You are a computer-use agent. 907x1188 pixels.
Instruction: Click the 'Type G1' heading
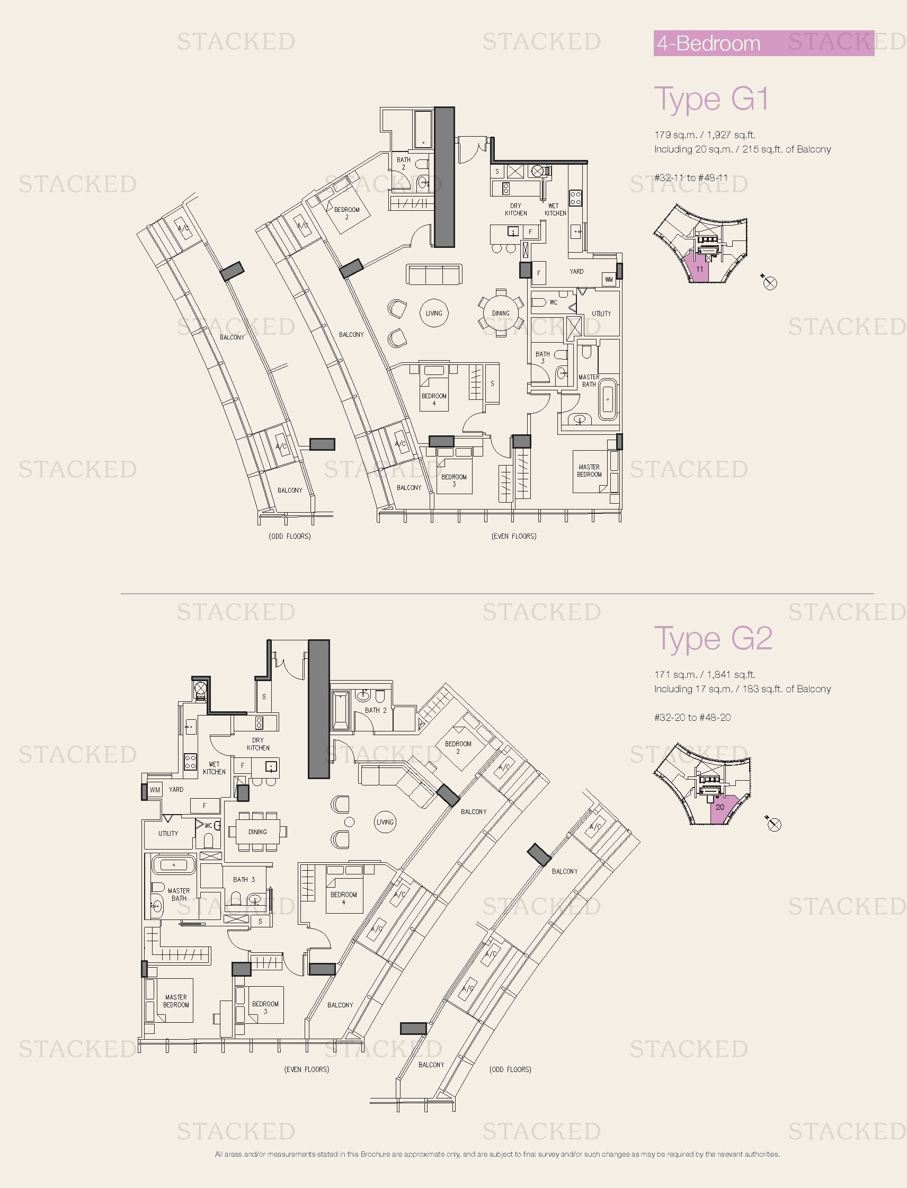(711, 100)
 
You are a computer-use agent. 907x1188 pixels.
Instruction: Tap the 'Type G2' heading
(713, 639)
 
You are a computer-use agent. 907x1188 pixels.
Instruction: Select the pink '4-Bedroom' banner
(763, 43)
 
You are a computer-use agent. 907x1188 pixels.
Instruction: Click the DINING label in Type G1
(501, 313)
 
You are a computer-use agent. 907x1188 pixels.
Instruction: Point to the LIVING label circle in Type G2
(385, 822)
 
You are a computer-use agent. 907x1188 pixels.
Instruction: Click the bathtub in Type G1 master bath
(608, 399)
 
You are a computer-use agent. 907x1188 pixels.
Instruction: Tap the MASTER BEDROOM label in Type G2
(176, 1001)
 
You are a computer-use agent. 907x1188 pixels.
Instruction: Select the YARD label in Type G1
(576, 272)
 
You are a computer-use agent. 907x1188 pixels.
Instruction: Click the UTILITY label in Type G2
(168, 833)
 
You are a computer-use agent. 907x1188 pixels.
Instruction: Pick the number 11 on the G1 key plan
(700, 269)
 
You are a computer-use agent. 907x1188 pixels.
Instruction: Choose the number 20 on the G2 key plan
(719, 807)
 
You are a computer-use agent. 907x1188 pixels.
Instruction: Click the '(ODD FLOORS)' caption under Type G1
(289, 536)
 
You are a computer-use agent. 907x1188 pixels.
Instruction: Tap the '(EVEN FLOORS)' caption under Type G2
(307, 1069)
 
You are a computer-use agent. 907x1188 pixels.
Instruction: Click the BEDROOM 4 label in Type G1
(434, 399)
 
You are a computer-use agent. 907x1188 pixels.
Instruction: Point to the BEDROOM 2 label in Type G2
(458, 747)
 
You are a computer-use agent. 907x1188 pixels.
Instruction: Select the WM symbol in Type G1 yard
(609, 279)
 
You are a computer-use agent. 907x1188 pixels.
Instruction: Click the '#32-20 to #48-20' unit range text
(692, 717)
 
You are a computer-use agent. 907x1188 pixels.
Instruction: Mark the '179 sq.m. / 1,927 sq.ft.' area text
(705, 135)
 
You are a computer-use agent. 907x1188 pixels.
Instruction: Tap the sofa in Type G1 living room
(434, 274)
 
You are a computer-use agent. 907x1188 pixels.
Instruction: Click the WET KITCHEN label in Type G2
(214, 768)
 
